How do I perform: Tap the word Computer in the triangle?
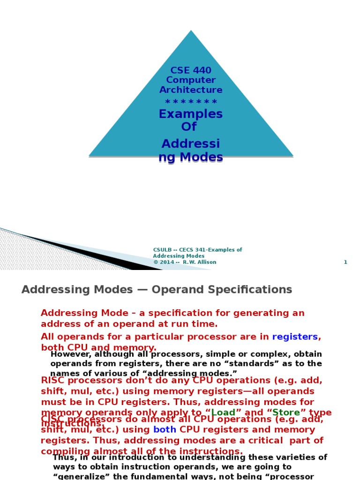pyautogui.click(x=191, y=80)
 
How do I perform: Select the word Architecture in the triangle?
pyautogui.click(x=191, y=90)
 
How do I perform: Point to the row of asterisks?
pyautogui.click(x=191, y=102)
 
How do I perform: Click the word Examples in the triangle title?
pyautogui.click(x=191, y=114)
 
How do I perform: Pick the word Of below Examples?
pyautogui.click(x=189, y=126)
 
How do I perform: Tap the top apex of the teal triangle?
pyautogui.click(x=191, y=31)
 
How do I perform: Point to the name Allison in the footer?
pyautogui.click(x=206, y=262)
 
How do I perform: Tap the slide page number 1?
pyautogui.click(x=345, y=262)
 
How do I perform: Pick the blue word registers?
pyautogui.click(x=295, y=337)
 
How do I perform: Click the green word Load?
pyautogui.click(x=223, y=412)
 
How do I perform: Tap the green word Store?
pyautogui.click(x=286, y=412)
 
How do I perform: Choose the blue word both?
pyautogui.click(x=165, y=429)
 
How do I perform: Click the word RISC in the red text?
pyautogui.click(x=53, y=381)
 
